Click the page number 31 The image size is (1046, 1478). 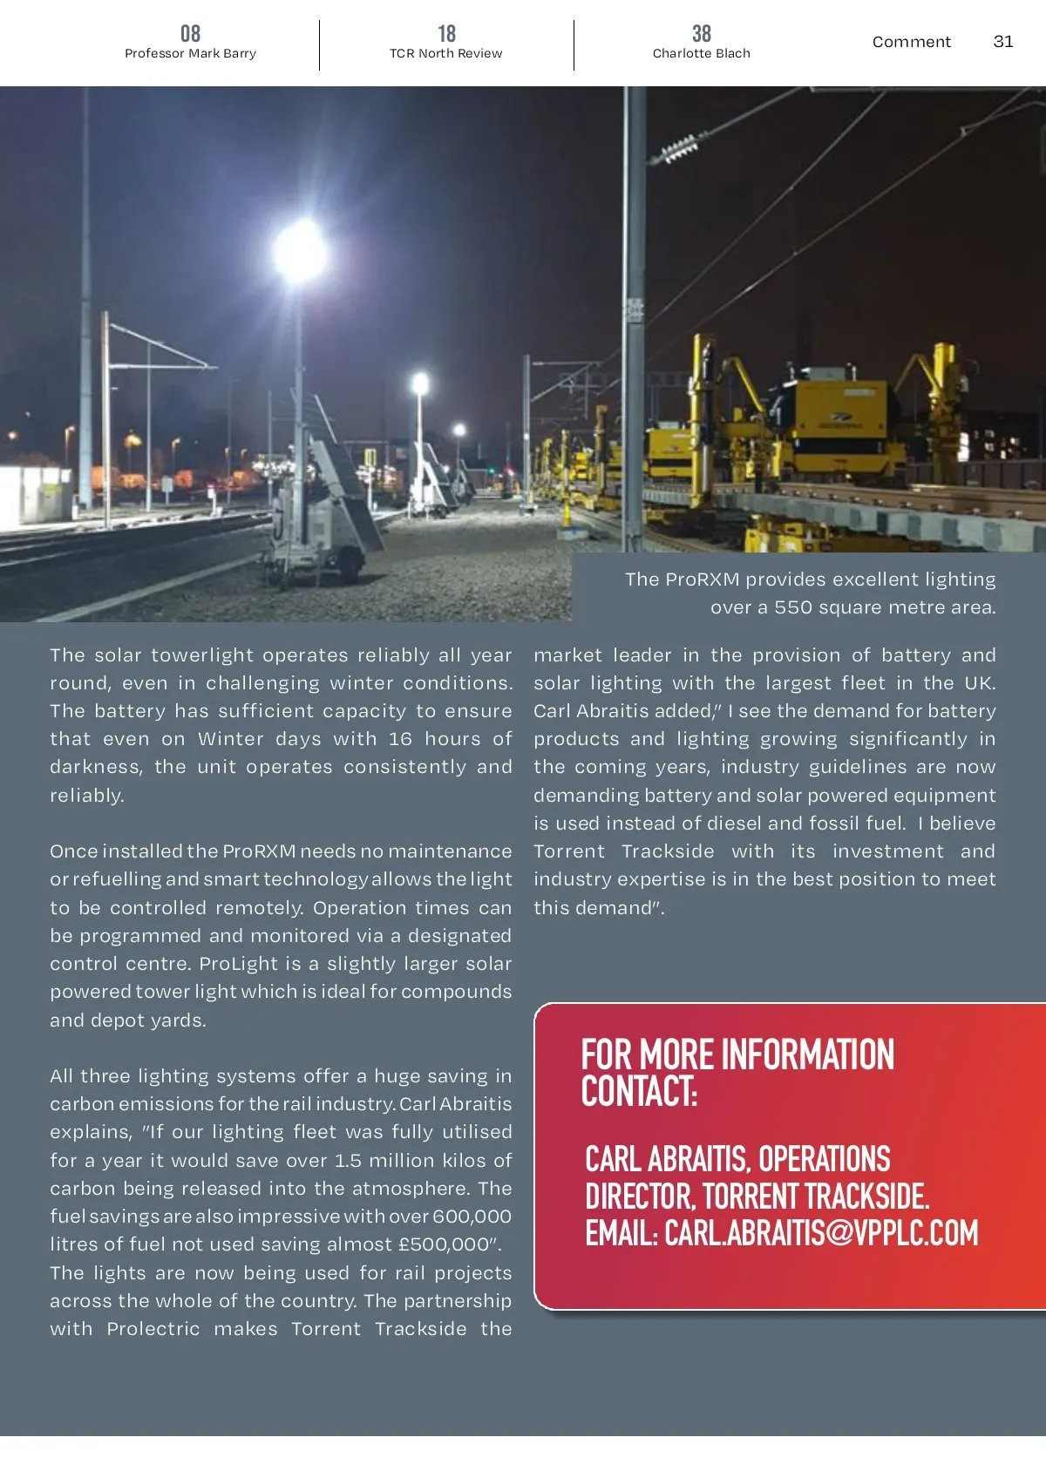1003,41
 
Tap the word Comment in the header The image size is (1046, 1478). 911,41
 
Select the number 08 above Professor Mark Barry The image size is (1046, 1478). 190,33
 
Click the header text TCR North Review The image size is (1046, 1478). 445,53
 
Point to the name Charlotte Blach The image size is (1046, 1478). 701,53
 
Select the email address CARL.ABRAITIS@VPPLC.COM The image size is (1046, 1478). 821,1233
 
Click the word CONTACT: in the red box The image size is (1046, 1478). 639,1092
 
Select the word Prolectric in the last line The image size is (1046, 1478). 153,1329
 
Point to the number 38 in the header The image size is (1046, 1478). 701,33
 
